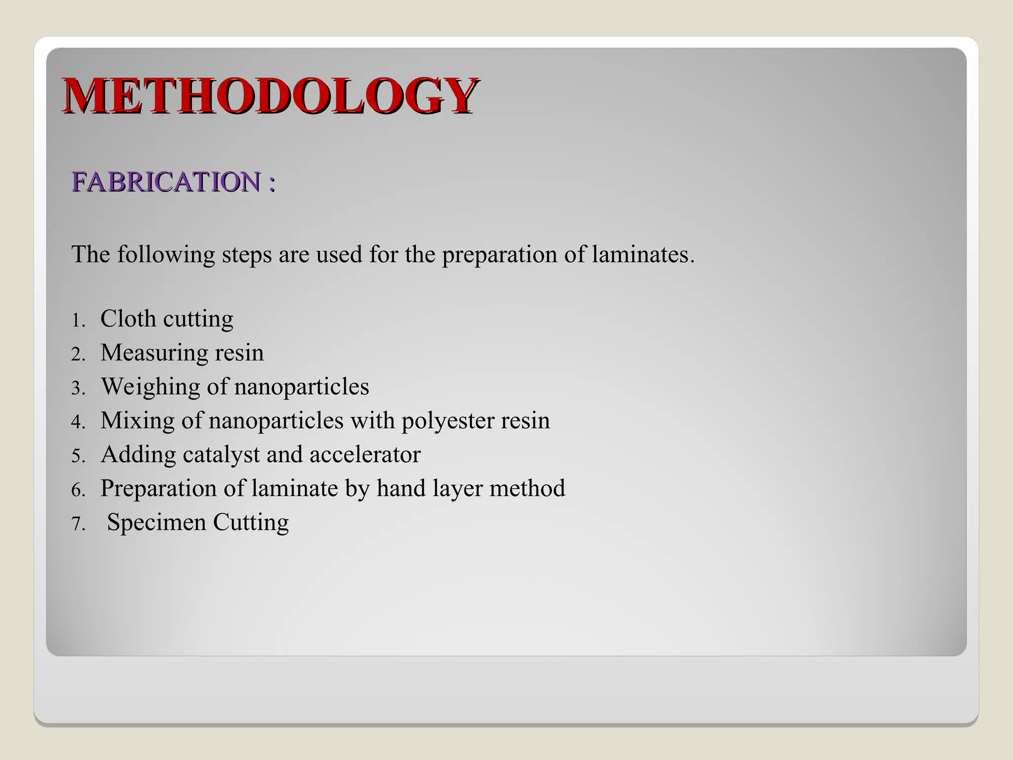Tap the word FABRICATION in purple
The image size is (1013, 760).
(166, 182)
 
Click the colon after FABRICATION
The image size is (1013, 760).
(271, 183)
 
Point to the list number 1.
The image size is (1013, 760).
(78, 321)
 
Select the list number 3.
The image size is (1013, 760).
(78, 388)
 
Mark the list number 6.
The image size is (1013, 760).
(78, 490)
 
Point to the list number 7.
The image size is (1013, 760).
(78, 524)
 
